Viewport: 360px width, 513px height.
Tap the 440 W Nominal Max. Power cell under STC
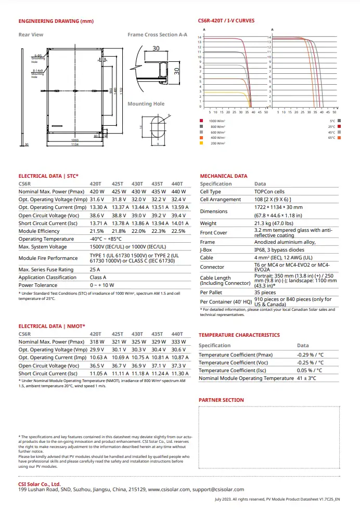tap(178, 191)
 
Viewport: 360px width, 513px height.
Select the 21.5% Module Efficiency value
tap(97, 231)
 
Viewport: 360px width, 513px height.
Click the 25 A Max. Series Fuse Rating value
tap(95, 270)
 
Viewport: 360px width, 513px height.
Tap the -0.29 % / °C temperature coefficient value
tap(311, 354)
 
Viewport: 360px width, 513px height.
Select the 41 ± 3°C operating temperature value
tap(307, 378)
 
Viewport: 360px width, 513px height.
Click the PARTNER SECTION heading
tap(221, 400)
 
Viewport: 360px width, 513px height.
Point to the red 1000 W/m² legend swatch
tap(201, 121)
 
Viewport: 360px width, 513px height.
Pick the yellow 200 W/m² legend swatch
tap(201, 143)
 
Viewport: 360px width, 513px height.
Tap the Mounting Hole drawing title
tap(146, 104)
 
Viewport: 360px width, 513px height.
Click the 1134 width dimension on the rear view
tap(75, 144)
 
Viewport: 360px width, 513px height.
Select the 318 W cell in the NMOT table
tap(97, 341)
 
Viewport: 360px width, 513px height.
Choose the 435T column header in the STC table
tap(157, 183)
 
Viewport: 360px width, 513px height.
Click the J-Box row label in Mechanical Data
tap(207, 249)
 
